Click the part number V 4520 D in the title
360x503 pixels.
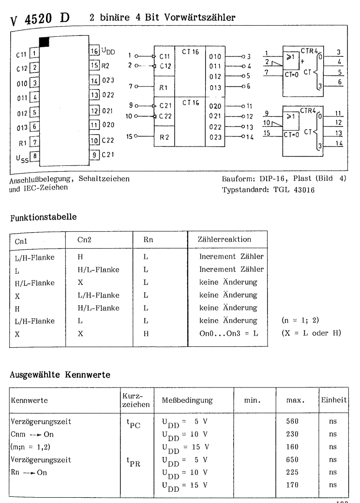pos(40,18)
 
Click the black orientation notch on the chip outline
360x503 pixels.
pos(44,42)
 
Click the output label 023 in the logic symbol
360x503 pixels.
pos(215,137)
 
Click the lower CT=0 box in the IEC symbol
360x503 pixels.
pos(293,133)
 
